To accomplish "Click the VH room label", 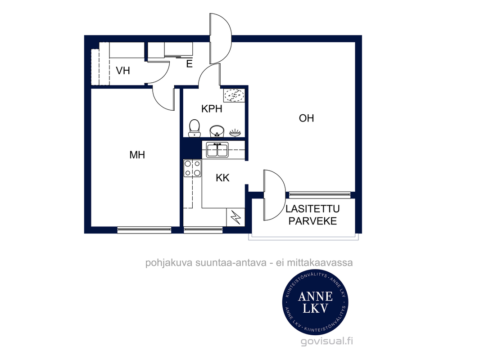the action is (123, 71).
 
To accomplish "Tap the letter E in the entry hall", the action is (189, 64).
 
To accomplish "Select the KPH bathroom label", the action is (212, 108).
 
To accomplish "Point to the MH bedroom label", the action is (137, 155).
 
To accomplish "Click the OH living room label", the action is (307, 118).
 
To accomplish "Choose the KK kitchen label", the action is (222, 178).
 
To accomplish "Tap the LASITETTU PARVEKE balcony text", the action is (312, 215).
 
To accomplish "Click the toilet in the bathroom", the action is (195, 128).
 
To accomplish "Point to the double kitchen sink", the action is (217, 150).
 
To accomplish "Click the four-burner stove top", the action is (193, 168).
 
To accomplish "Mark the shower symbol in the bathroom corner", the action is (234, 95).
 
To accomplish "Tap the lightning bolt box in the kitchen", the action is (235, 217).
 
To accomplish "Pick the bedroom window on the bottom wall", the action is (144, 229).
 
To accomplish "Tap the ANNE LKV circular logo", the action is (315, 302).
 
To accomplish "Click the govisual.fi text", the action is (326, 341).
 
